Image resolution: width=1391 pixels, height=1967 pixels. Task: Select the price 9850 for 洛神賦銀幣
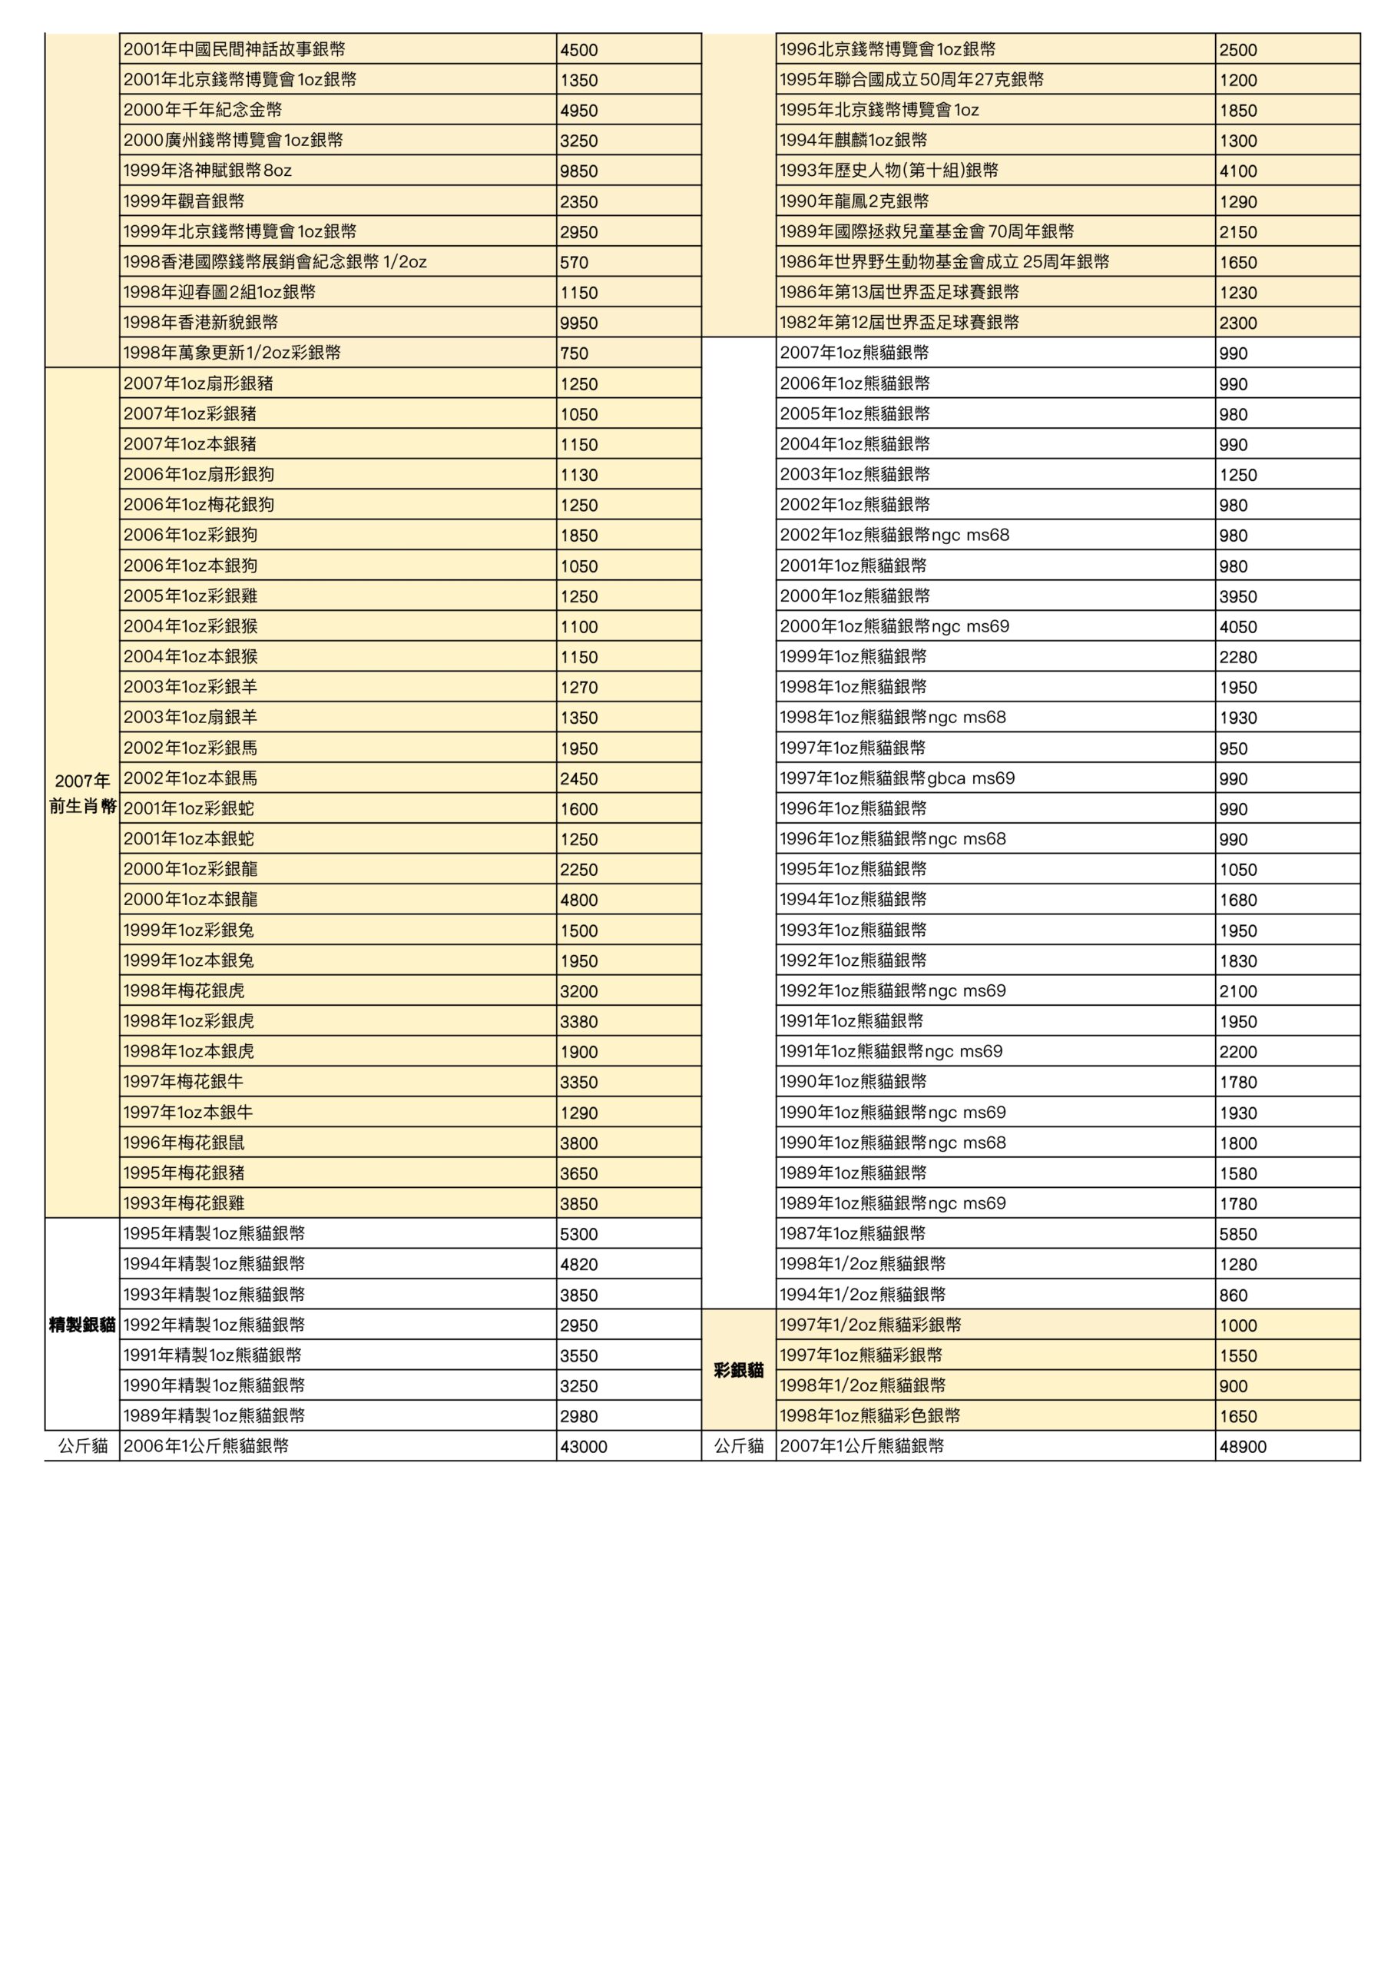[x=579, y=171]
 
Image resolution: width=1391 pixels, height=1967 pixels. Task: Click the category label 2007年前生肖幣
[x=82, y=793]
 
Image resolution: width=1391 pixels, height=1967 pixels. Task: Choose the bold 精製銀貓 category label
[x=82, y=1325]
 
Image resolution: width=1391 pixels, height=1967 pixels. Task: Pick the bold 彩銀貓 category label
[x=738, y=1371]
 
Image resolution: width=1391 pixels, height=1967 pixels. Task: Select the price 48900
[x=1243, y=1447]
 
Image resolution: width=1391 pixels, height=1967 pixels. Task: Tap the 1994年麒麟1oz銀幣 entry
[x=853, y=141]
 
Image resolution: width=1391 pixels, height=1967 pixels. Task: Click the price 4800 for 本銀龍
[x=579, y=901]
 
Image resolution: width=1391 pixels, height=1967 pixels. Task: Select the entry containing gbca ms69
[x=897, y=779]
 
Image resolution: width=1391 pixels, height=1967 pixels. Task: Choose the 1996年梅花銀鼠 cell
[x=184, y=1143]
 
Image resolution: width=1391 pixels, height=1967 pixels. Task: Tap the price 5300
[x=579, y=1235]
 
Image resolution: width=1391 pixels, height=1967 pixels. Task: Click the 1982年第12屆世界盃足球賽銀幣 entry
[x=899, y=323]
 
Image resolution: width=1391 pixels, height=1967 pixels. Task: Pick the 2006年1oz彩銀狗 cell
[x=190, y=536]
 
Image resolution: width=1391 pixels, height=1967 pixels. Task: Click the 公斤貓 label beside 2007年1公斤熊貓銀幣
[x=738, y=1447]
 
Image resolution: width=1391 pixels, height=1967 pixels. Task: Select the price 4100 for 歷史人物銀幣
[x=1239, y=171]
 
